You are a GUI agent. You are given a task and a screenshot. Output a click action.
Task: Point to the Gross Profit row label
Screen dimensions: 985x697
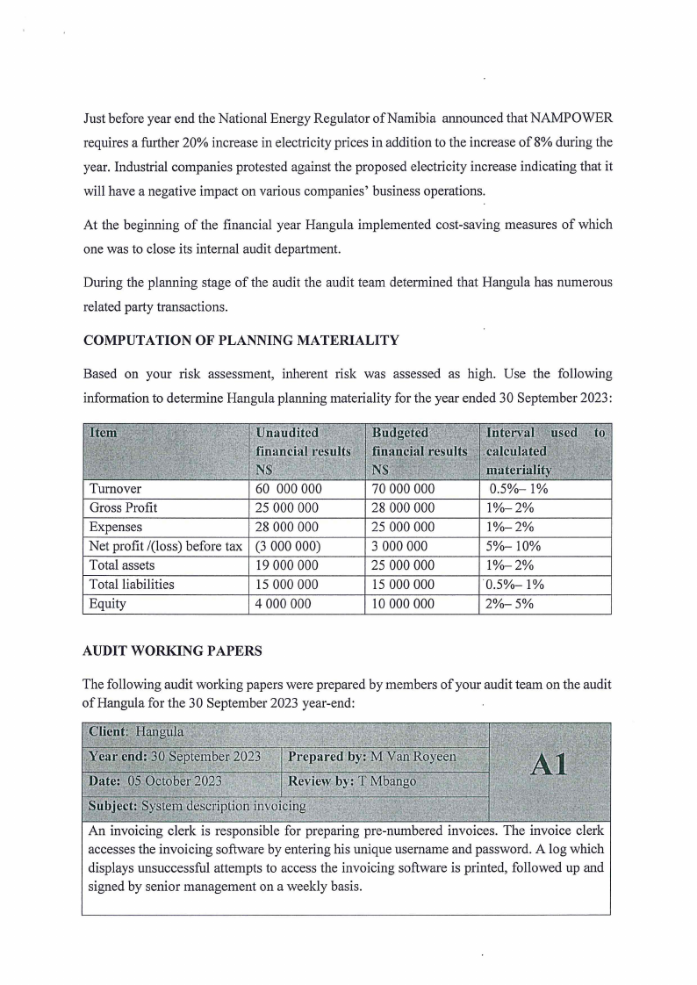coord(123,507)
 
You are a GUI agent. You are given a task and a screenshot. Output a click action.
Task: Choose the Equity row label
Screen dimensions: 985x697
coord(108,604)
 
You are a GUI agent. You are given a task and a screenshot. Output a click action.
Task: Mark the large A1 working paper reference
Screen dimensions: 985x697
coord(549,765)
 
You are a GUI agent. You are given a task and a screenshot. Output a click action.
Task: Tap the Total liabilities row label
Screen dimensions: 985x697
coord(132,585)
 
